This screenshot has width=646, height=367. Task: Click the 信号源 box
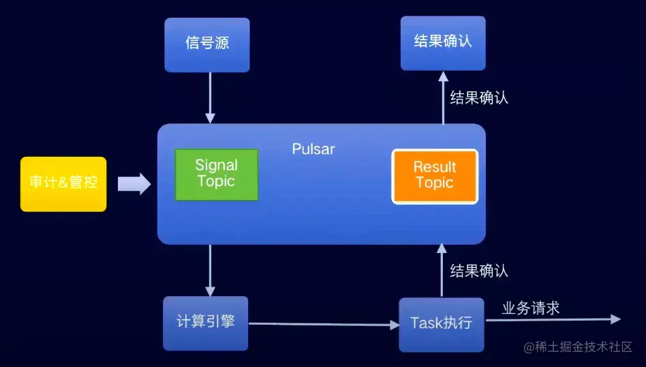207,45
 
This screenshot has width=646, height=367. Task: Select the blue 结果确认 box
443,43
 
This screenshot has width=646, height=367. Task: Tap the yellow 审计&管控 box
63,184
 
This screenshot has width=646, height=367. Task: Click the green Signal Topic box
217,175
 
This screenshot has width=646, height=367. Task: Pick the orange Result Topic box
435,177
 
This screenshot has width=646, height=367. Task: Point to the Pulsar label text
313,149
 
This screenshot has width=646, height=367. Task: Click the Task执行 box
442,325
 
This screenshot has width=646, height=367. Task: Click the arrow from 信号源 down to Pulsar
210,98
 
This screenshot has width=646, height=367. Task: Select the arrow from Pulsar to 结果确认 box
444,98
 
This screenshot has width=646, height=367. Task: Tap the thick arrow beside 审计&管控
134,184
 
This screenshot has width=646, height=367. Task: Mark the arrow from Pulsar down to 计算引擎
210,271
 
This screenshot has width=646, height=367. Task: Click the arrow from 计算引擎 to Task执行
324,325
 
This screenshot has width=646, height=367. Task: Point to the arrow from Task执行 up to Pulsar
442,270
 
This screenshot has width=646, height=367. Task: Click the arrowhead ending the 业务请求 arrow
616,319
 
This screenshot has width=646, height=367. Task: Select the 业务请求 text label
530,308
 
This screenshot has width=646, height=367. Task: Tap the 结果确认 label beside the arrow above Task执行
479,271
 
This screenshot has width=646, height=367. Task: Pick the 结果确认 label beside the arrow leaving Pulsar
479,98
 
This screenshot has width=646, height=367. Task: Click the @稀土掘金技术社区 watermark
578,347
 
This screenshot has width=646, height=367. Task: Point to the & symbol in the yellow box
63,182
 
